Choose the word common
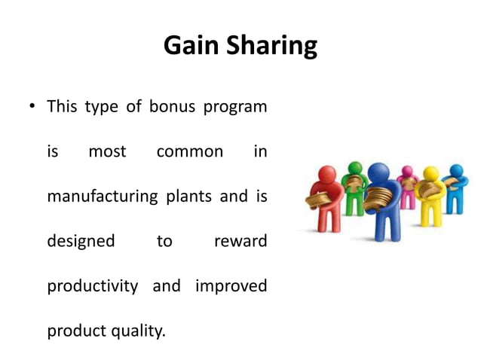click(x=189, y=151)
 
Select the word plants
click(x=188, y=197)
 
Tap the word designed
click(x=81, y=242)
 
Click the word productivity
click(x=92, y=286)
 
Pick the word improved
click(x=231, y=286)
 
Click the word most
click(x=107, y=151)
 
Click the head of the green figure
click(x=352, y=167)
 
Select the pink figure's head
click(x=408, y=172)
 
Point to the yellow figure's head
click(x=430, y=174)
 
